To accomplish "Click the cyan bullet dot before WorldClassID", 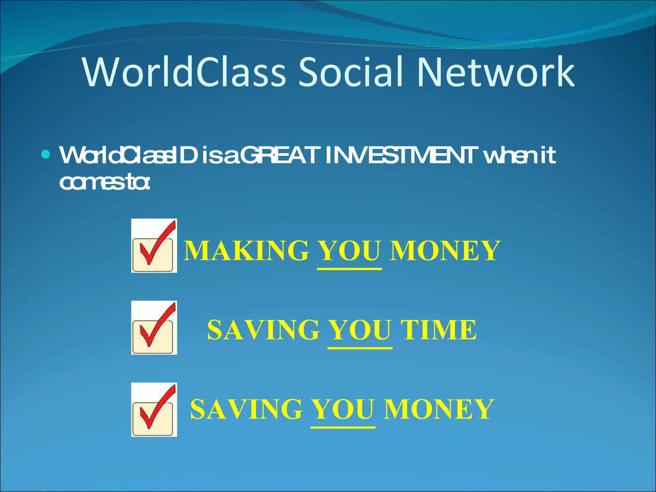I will click(x=46, y=155).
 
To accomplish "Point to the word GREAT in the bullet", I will click(x=280, y=155).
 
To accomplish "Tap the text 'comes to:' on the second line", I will click(x=104, y=183).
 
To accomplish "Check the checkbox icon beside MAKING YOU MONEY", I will click(x=154, y=246).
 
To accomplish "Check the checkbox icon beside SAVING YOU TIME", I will click(x=154, y=328).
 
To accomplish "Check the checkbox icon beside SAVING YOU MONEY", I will click(x=154, y=410).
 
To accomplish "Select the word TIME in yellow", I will click(x=439, y=330).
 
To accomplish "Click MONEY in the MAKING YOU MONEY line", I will click(x=445, y=250).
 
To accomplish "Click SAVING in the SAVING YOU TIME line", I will click(x=264, y=330).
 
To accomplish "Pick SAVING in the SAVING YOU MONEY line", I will click(x=246, y=409).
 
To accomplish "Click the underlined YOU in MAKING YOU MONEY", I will click(x=349, y=250).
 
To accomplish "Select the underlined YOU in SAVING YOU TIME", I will click(x=360, y=330).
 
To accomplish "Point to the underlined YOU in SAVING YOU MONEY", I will click(x=343, y=409).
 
